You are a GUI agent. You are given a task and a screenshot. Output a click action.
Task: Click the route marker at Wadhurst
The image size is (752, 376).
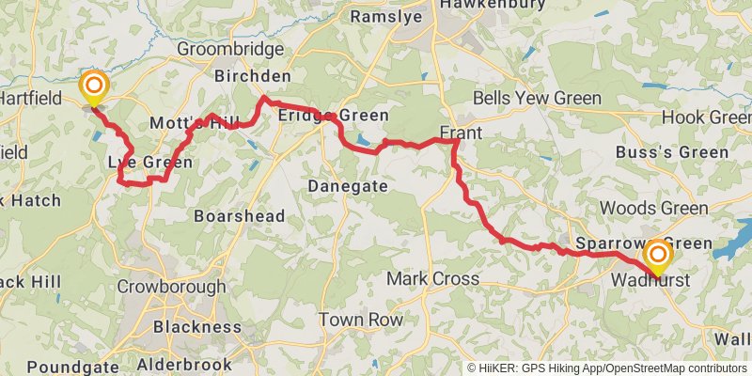tap(657, 255)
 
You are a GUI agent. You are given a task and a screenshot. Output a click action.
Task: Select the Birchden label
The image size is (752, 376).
tap(253, 76)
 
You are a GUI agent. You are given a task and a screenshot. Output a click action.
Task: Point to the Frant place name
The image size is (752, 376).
tap(461, 133)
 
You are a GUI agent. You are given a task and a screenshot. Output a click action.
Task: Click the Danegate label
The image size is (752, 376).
tap(348, 186)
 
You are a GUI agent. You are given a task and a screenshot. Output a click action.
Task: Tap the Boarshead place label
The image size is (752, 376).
tap(239, 215)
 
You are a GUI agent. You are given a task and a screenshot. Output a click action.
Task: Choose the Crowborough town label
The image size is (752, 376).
tap(173, 287)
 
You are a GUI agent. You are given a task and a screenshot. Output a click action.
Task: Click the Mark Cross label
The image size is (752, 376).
tap(433, 278)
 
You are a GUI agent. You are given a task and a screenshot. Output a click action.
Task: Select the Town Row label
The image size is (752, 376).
tap(360, 320)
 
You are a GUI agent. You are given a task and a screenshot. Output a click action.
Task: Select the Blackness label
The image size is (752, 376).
tap(196, 326)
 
